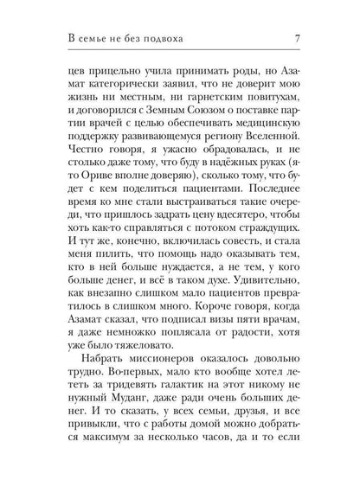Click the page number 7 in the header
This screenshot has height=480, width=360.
point(297,38)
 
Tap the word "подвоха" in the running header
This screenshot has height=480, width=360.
point(152,38)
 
